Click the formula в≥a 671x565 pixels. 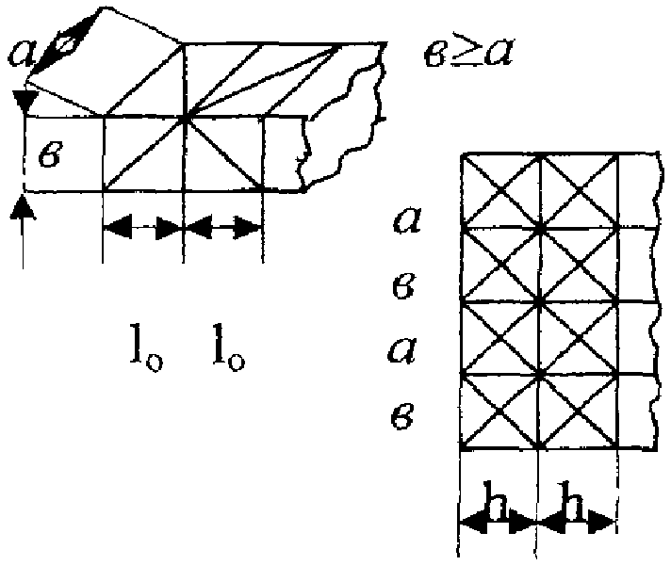click(468, 54)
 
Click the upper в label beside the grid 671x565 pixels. click(403, 286)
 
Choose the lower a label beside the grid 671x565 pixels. click(402, 350)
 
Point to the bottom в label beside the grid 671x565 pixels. click(402, 416)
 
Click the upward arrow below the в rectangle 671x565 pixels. click(23, 234)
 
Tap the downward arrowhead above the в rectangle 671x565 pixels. click(25, 102)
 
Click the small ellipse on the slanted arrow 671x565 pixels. click(69, 43)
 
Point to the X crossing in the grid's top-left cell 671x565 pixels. click(501, 190)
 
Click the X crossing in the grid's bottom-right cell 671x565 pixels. click(578, 412)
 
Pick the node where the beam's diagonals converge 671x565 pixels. click(184, 118)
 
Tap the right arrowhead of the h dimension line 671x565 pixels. click(602, 523)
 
